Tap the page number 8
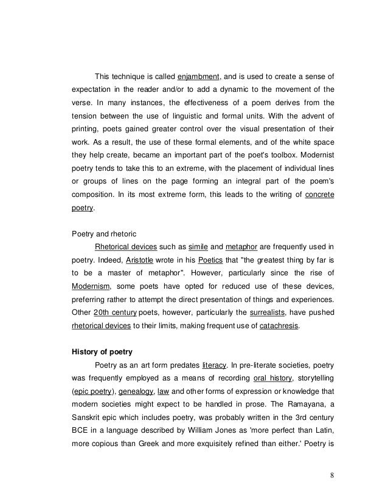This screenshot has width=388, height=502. (333, 475)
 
